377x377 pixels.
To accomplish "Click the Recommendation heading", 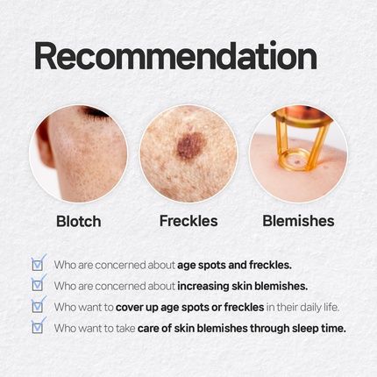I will pyautogui.click(x=174, y=56).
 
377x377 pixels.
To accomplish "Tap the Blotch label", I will pyautogui.click(x=78, y=220).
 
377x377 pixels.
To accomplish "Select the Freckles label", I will pyautogui.click(x=188, y=220).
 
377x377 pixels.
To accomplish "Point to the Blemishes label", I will pyautogui.click(x=298, y=220).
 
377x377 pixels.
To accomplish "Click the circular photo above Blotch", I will pyautogui.click(x=78, y=154).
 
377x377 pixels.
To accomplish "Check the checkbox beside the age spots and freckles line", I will pyautogui.click(x=38, y=263).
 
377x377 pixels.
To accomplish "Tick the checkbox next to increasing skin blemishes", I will pyautogui.click(x=38, y=284).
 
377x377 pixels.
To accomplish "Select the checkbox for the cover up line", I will pyautogui.click(x=38, y=306).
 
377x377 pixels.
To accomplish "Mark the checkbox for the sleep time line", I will pyautogui.click(x=38, y=327).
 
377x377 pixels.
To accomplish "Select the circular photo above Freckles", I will pyautogui.click(x=188, y=154).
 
